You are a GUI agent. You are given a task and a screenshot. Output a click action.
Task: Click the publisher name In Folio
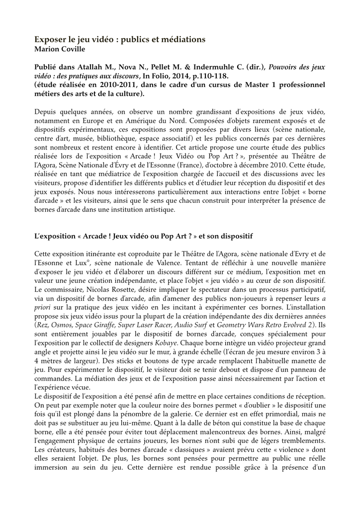(x=154, y=76)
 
